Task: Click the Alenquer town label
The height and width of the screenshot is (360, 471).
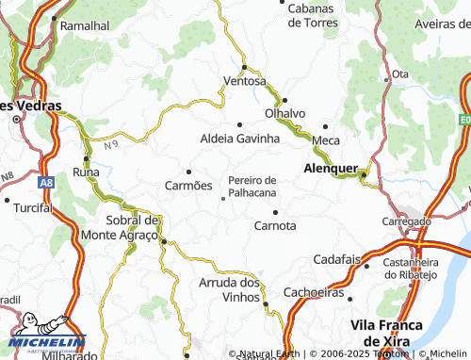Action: (330, 169)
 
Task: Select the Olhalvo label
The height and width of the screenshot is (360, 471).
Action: (285, 113)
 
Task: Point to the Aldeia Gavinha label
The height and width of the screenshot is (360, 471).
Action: (240, 139)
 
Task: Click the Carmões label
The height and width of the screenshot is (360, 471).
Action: (188, 186)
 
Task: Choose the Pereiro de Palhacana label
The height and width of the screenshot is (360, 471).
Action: (252, 186)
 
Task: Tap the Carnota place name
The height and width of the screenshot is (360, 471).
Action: (275, 225)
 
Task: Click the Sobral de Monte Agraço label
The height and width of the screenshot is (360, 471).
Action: (120, 227)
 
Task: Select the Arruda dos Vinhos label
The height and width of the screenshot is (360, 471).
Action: (230, 289)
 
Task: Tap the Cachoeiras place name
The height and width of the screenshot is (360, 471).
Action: (312, 292)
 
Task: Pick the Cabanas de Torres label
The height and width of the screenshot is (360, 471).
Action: (319, 15)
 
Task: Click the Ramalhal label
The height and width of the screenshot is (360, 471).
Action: (85, 26)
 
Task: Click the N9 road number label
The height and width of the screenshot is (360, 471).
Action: (112, 144)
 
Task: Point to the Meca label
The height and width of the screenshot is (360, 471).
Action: (325, 140)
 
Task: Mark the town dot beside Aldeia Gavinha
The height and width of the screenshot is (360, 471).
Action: (239, 123)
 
